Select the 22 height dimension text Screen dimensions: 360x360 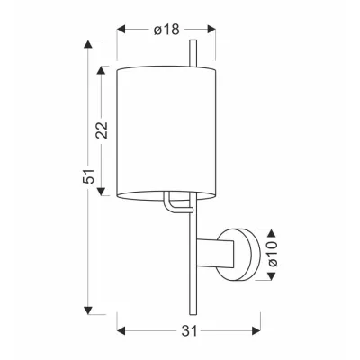pos(102,131)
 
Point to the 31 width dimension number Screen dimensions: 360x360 pos(189,331)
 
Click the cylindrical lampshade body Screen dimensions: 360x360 pos(169,130)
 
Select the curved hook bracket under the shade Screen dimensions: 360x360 pos(170,205)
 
